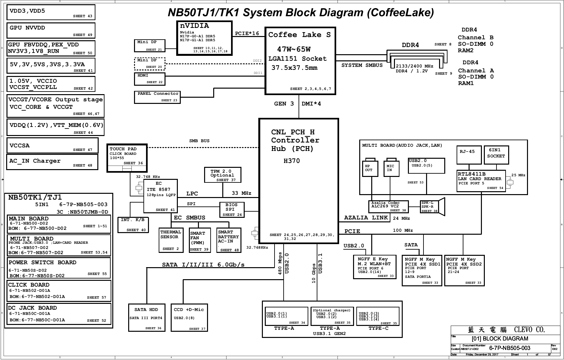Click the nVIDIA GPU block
pyautogui.click(x=204, y=38)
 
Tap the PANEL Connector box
pyautogui.click(x=157, y=97)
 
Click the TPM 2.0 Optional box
pyautogui.click(x=223, y=175)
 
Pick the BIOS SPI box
pyautogui.click(x=232, y=210)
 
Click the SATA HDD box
pyautogui.click(x=147, y=317)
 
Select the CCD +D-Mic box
pyautogui.click(x=189, y=317)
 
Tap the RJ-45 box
pyautogui.click(x=469, y=155)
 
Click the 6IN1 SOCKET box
pyautogui.click(x=497, y=155)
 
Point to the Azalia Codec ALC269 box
pyautogui.click(x=388, y=206)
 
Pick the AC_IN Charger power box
pyautogui.click(x=52, y=162)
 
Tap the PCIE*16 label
pyautogui.click(x=247, y=33)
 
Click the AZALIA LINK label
pyautogui.click(x=366, y=217)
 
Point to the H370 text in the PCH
pyautogui.click(x=292, y=161)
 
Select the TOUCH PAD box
pyautogui.click(x=127, y=158)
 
